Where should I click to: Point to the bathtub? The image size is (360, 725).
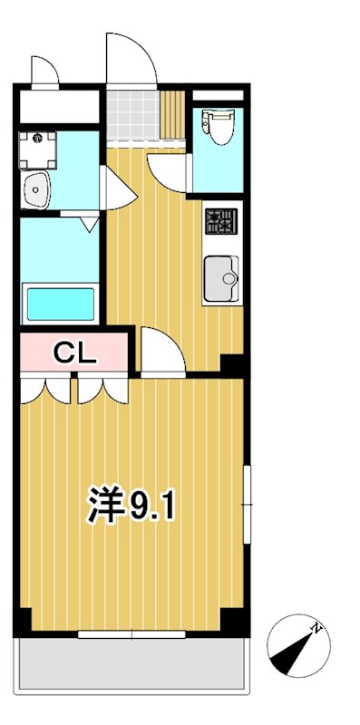point(60,303)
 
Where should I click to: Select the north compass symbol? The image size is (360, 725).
point(297,645)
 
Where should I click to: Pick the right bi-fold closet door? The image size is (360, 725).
point(102,390)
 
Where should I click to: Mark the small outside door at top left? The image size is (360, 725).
point(44,70)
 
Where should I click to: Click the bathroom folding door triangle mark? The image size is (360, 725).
point(89,222)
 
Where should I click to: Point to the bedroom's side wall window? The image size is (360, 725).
point(247,504)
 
